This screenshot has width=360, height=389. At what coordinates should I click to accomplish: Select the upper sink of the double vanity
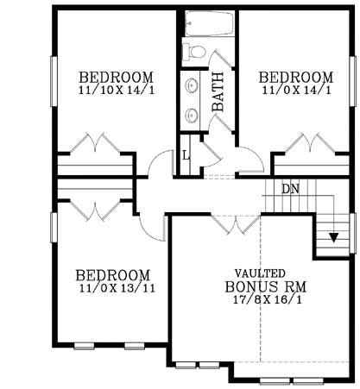click(191, 86)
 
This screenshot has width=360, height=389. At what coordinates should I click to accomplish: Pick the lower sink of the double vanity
click(191, 113)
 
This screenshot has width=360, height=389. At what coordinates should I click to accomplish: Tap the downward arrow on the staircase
click(331, 238)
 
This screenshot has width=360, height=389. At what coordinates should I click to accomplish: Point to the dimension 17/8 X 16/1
click(259, 301)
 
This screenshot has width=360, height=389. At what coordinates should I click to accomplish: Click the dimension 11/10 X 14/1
click(116, 89)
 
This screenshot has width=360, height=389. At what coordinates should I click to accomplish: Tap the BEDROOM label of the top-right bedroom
click(296, 76)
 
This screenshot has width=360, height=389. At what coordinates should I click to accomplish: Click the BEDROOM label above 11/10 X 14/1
click(116, 76)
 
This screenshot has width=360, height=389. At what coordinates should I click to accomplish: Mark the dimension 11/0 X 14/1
click(296, 89)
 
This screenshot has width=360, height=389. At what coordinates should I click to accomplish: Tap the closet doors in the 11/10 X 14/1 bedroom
click(96, 143)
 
